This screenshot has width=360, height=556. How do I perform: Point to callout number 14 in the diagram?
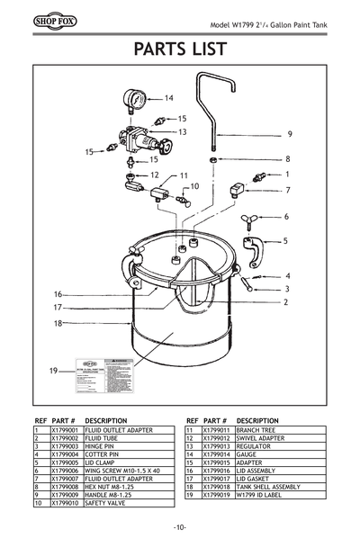(x=168, y=97)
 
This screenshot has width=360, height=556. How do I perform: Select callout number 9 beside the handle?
(x=289, y=134)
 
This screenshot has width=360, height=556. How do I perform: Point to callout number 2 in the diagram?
(x=285, y=303)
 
